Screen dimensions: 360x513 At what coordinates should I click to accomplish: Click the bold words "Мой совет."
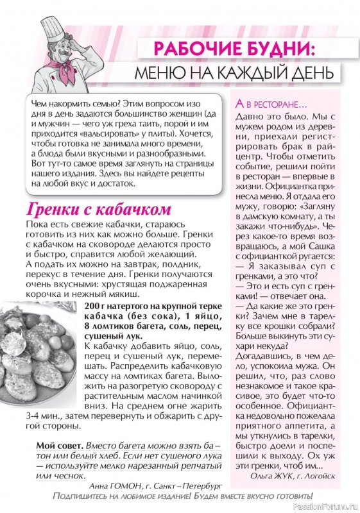tap(59, 445)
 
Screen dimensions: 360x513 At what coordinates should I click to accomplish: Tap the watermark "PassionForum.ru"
tap(327, 507)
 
